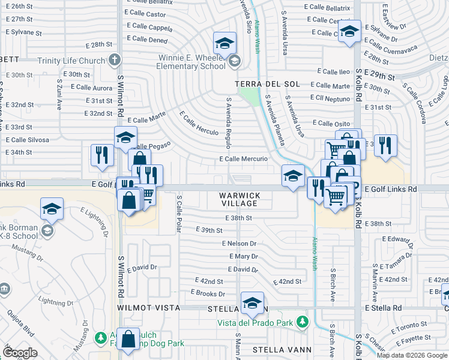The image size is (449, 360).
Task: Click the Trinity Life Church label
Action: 71,61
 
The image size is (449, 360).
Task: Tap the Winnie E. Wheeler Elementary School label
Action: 191,62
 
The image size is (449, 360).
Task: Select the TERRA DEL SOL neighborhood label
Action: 262,83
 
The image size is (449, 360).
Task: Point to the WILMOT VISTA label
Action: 149,307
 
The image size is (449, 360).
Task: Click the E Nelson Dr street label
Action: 239,244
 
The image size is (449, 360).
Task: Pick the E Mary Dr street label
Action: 243,256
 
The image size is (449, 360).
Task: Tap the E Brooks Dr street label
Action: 208,293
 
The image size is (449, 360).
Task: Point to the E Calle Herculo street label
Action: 199,122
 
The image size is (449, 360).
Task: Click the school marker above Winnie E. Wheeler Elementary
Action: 224,43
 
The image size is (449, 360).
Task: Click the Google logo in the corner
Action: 20,353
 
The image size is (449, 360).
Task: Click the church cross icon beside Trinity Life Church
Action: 115,61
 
